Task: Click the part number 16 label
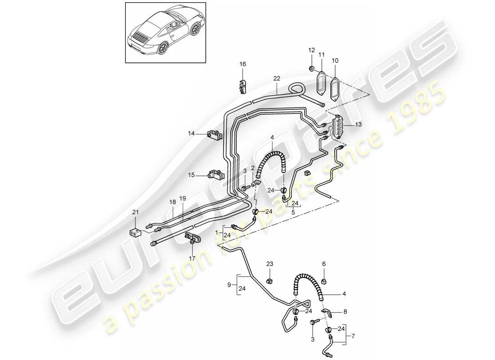coord(243,64)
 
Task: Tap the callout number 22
coord(276,78)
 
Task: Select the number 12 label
coord(311,49)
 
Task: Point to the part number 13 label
coord(358,124)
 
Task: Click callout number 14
coord(192,133)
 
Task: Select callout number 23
coord(269,264)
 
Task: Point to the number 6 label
coord(323,264)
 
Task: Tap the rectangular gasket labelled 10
coord(336,87)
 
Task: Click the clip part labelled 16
coord(243,86)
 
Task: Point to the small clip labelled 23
coord(270,281)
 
